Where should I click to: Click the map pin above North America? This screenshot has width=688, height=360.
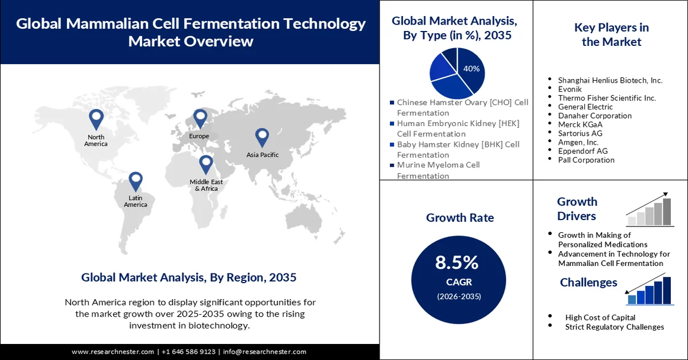[96, 119]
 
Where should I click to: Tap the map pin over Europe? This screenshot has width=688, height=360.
[200, 118]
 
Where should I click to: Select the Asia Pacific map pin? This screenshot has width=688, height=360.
[262, 136]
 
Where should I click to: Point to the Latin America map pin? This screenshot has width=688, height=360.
[135, 181]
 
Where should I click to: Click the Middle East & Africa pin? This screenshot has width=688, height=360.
[206, 165]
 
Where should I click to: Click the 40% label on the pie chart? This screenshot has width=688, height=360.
[471, 69]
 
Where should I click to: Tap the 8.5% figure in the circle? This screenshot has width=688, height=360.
[457, 263]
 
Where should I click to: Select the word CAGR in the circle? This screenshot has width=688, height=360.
[457, 282]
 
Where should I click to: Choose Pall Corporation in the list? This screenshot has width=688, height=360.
[586, 160]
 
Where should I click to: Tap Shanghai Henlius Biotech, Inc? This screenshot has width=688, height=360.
[610, 80]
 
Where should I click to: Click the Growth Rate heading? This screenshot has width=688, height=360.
[460, 218]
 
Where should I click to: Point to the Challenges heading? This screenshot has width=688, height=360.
[588, 282]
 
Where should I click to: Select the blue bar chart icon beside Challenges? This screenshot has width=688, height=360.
[649, 290]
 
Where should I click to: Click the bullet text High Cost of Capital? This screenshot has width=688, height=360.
[600, 317]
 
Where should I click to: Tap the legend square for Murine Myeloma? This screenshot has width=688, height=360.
[392, 165]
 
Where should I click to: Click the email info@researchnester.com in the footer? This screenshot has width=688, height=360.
[264, 351]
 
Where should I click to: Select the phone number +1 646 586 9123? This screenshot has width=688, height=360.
[189, 351]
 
